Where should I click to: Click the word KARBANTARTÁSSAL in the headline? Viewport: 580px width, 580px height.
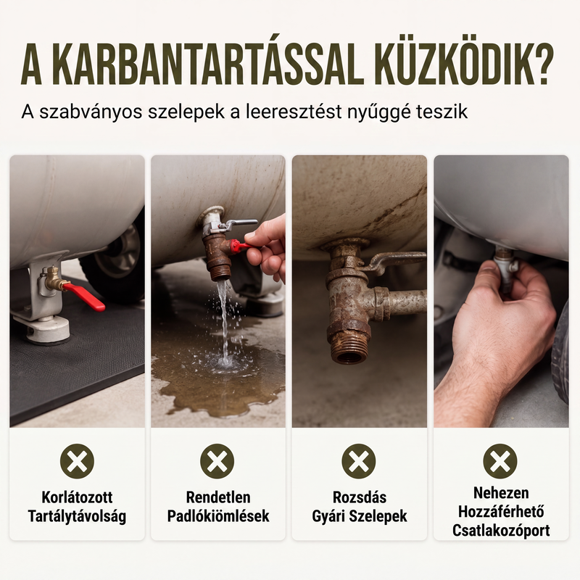pyautogui.click(x=210, y=65)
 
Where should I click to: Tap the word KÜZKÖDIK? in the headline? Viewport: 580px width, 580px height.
pyautogui.click(x=465, y=64)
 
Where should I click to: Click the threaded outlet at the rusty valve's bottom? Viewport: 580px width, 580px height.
pyautogui.click(x=349, y=351)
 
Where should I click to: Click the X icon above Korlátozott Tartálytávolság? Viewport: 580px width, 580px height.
pyautogui.click(x=77, y=461)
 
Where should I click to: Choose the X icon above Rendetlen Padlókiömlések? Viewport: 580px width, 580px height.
pyautogui.click(x=217, y=461)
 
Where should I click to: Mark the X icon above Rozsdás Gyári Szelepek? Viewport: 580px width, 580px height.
pyautogui.click(x=359, y=461)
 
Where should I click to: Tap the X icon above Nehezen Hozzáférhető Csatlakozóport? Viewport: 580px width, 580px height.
pyautogui.click(x=500, y=461)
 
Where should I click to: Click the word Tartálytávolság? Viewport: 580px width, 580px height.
pyautogui.click(x=77, y=516)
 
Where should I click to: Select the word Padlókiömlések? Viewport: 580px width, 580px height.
pyautogui.click(x=218, y=516)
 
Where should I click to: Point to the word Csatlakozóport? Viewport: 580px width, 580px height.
pyautogui.click(x=501, y=531)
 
